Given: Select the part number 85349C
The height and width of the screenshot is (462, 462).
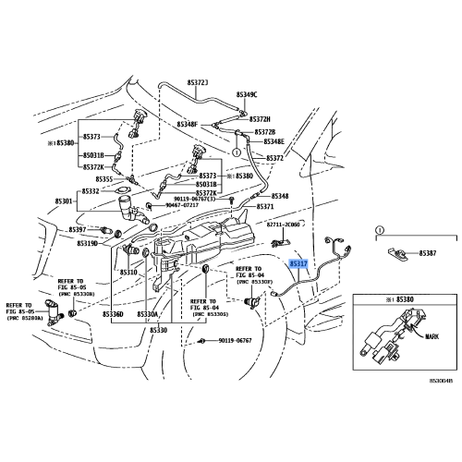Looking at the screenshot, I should (x=247, y=95).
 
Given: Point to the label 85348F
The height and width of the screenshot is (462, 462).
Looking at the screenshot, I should (x=188, y=124).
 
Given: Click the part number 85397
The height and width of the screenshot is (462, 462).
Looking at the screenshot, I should (x=79, y=229).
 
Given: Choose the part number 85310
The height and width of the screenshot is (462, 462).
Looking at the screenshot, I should (x=128, y=273).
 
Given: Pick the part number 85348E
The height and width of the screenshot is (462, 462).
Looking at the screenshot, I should (x=274, y=141).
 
